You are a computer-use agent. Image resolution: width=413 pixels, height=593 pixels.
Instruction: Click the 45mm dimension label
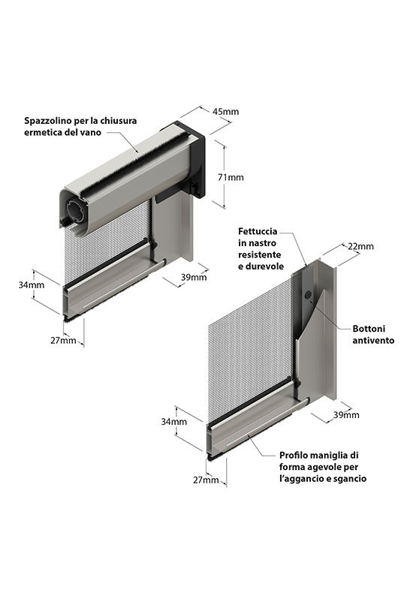pyautogui.click(x=226, y=112)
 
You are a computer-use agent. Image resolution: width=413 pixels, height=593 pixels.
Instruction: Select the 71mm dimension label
pyautogui.click(x=231, y=177)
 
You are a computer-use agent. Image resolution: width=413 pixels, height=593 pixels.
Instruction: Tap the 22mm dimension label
pyautogui.click(x=360, y=246)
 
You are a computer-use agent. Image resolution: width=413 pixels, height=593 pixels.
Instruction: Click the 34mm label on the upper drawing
pyautogui.click(x=32, y=284)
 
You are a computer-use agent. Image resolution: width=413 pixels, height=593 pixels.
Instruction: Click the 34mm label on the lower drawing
pyautogui.click(x=174, y=421)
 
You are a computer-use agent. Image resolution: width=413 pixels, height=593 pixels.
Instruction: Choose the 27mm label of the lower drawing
pyautogui.click(x=206, y=480)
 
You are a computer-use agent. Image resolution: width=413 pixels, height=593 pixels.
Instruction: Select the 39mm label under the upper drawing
pyautogui.click(x=194, y=277)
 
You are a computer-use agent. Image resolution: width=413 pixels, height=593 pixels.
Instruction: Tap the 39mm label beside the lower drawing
pyautogui.click(x=346, y=415)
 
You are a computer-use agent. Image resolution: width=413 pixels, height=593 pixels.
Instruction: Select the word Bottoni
pyautogui.click(x=369, y=329)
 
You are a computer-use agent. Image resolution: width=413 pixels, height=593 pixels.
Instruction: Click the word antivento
pyautogui.click(x=374, y=340)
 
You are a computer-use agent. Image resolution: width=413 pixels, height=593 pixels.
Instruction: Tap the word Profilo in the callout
pyautogui.click(x=294, y=455)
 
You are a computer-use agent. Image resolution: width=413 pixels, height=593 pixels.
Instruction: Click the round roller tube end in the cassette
pyautogui.click(x=77, y=209)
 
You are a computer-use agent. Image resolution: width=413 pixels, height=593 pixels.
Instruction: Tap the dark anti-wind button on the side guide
pyautogui.click(x=309, y=294)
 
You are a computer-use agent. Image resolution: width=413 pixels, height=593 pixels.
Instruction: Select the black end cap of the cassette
pyautogui.click(x=194, y=158)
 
